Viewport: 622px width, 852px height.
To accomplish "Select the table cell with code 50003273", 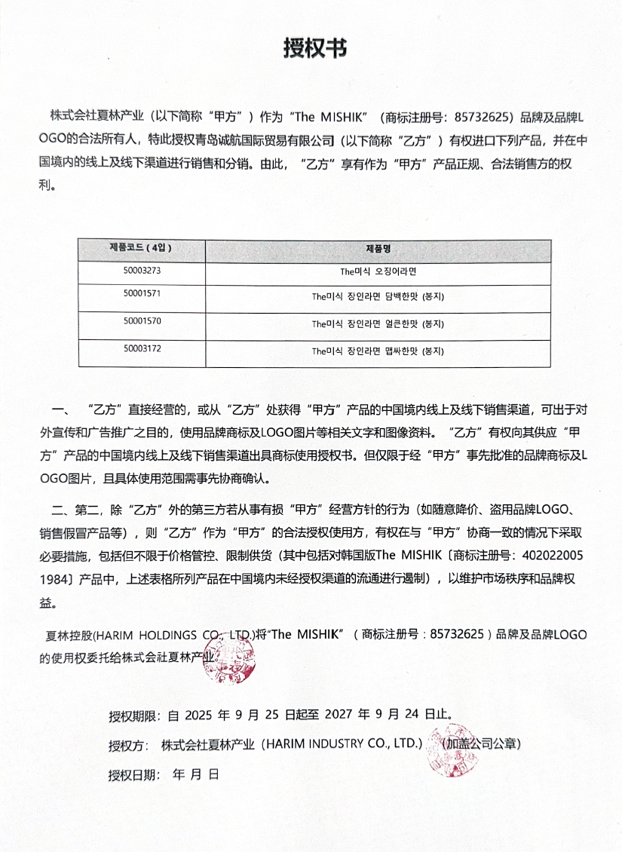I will [x=142, y=269].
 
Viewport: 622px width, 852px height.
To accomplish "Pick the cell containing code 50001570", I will [x=142, y=321].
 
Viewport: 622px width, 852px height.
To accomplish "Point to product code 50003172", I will [x=142, y=348].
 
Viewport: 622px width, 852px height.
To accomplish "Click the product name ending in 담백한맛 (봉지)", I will [x=378, y=296].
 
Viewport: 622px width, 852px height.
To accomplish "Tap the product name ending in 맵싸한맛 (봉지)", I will [x=378, y=351].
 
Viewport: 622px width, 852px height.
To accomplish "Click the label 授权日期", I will [x=133, y=774].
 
